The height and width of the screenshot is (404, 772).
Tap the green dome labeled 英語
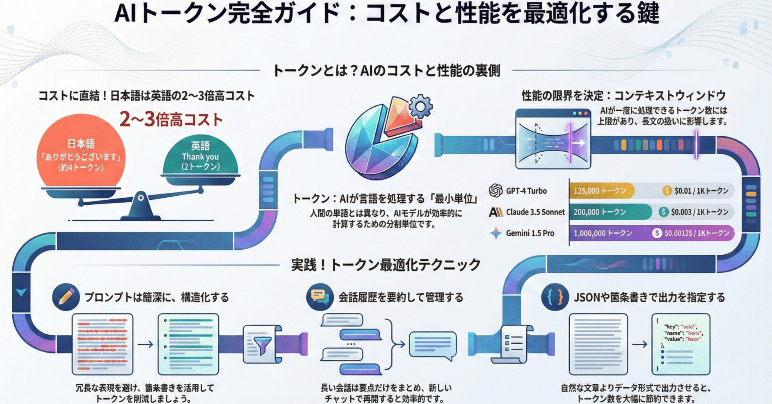coord(200,156)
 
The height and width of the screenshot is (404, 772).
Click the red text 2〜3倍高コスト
coord(171,120)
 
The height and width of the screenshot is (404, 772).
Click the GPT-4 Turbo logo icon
coord(496,191)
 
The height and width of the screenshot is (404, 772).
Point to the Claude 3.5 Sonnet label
coord(535,212)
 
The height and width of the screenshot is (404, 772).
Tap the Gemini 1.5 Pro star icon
coord(496,233)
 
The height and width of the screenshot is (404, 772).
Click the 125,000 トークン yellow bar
coord(601,191)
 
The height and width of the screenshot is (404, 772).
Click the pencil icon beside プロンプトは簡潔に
coord(66,297)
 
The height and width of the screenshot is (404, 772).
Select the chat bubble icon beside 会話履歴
coord(320,297)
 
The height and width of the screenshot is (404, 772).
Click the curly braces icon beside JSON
coord(555,297)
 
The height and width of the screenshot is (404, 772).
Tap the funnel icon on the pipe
coord(262,345)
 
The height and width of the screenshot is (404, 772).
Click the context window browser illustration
coord(553,139)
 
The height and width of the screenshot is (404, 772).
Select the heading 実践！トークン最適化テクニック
coord(386,265)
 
